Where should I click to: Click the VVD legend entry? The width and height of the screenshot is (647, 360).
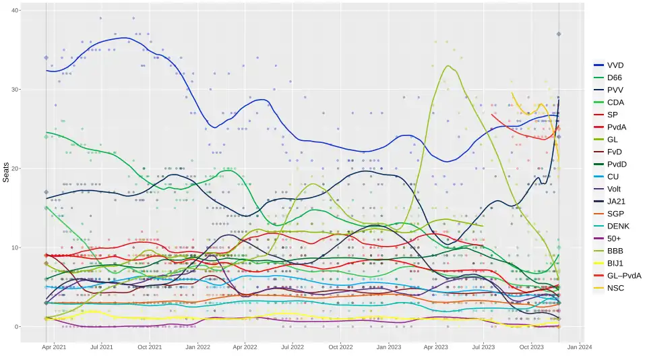point(615,65)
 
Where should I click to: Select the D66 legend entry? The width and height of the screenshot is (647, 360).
point(615,78)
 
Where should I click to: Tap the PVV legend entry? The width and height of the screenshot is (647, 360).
point(615,90)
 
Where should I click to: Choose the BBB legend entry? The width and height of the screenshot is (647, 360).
point(615,251)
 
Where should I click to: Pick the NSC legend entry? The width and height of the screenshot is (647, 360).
point(615,288)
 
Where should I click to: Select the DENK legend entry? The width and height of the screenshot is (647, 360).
point(618,226)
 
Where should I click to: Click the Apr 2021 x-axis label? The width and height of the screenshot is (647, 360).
point(54,347)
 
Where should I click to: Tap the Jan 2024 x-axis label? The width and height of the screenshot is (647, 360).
point(580,347)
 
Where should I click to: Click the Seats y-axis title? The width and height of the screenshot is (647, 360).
point(6,173)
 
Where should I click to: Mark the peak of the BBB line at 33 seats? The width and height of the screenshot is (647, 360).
point(448,66)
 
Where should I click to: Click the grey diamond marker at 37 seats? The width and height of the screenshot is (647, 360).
point(559,34)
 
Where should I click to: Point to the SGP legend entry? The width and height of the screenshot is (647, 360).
point(616,214)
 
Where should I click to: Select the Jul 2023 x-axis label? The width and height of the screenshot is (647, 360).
point(483,347)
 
